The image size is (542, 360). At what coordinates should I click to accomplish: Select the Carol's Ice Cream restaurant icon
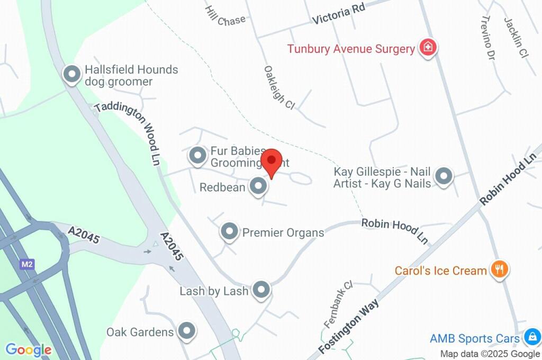(499, 269)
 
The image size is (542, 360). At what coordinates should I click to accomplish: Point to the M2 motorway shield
(26, 264)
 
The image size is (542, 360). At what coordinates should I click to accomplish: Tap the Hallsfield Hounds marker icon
(71, 75)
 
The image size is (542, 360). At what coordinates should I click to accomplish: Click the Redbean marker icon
(258, 186)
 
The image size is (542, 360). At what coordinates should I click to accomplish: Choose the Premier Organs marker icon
(229, 231)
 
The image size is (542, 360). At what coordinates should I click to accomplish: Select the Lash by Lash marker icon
(261, 290)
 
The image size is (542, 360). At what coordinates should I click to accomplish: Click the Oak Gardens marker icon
(186, 331)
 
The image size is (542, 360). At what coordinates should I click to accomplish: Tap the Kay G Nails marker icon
(444, 176)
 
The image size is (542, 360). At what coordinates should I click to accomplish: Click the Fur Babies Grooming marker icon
(198, 156)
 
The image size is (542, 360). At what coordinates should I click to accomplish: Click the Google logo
(29, 349)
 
